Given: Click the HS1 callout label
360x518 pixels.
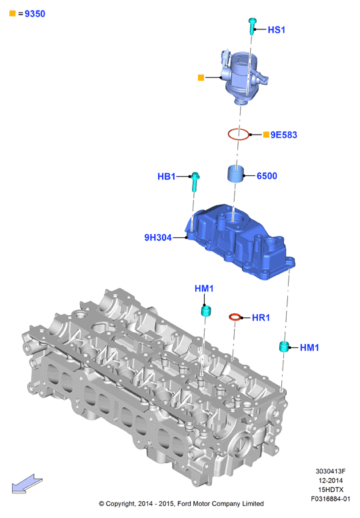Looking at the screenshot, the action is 276,30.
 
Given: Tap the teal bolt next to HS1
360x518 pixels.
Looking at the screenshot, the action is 252,27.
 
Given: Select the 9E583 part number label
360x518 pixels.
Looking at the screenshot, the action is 284,135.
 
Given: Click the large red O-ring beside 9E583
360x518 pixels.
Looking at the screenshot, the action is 239,134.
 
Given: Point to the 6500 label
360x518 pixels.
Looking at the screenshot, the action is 267,176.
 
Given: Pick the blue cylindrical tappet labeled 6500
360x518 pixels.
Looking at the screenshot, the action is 235,174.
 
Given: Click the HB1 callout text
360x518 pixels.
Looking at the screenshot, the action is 166,177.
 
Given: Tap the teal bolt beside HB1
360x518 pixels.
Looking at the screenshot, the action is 195,181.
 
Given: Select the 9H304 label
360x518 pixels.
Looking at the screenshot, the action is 158,237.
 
